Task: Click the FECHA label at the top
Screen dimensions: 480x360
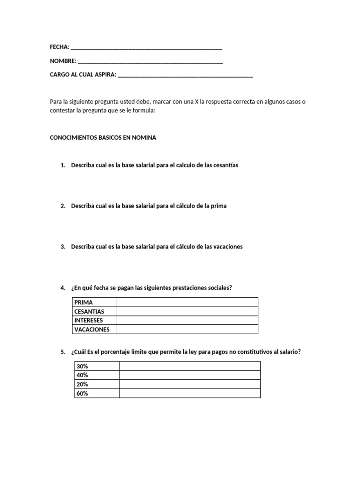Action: tap(59, 47)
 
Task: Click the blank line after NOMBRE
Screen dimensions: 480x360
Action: tap(150, 61)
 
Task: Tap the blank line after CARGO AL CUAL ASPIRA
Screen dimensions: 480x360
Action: tap(186, 75)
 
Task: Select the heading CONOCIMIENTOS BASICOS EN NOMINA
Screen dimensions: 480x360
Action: tap(103, 138)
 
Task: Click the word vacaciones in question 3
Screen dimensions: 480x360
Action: tap(228, 247)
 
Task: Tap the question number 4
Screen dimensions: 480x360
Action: tap(63, 287)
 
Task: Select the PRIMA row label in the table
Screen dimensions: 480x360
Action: tap(84, 302)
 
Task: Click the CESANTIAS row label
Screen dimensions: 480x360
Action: tap(90, 311)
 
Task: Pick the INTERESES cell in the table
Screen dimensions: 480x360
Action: tap(89, 320)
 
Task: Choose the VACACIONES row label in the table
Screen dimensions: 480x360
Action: tap(92, 330)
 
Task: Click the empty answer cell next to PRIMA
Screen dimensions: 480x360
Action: tap(187, 302)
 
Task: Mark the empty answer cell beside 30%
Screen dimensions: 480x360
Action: tap(189, 366)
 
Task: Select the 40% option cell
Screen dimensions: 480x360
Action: tap(82, 375)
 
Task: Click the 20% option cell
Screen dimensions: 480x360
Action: tap(82, 384)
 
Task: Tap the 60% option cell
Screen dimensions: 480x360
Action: tap(82, 393)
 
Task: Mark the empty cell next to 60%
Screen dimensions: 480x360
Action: tap(189, 393)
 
